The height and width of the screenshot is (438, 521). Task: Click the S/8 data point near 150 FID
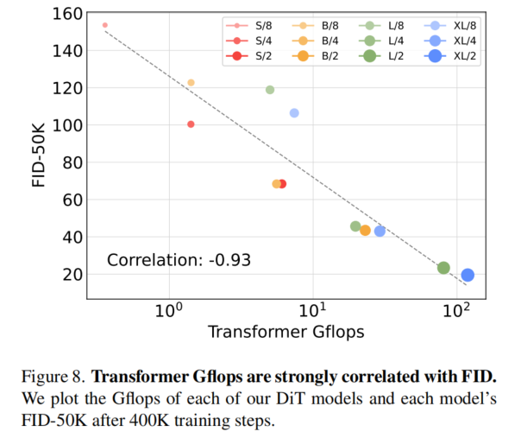pyautogui.click(x=105, y=25)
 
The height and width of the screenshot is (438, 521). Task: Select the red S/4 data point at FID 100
pyautogui.click(x=191, y=124)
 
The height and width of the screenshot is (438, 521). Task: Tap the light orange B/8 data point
pyautogui.click(x=191, y=83)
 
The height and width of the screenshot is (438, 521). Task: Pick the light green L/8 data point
pyautogui.click(x=270, y=90)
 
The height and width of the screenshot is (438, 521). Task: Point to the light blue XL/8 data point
pyautogui.click(x=294, y=113)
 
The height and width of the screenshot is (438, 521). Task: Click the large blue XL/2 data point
pyautogui.click(x=468, y=275)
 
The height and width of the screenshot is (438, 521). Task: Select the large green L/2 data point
pyautogui.click(x=443, y=268)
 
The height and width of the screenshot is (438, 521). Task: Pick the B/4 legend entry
pyautogui.click(x=317, y=41)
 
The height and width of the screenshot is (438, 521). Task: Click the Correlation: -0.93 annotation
pyautogui.click(x=179, y=259)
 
